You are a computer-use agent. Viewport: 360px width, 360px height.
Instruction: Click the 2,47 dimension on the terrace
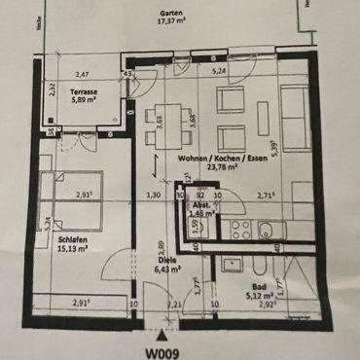84,74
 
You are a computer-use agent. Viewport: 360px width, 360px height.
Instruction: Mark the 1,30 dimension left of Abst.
154,196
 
